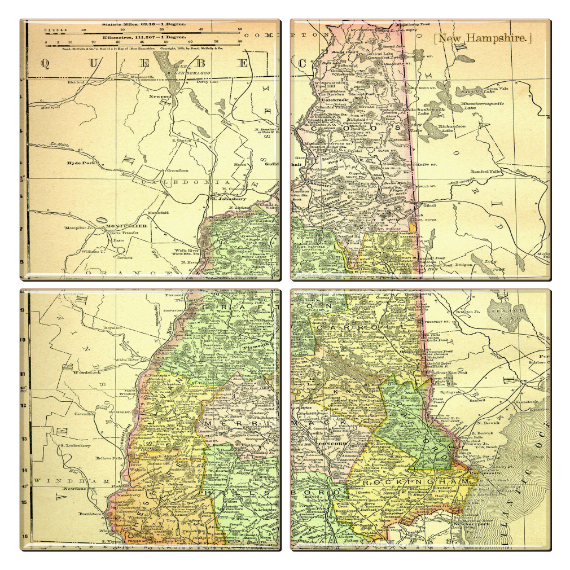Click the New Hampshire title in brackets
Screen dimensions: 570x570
483,38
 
